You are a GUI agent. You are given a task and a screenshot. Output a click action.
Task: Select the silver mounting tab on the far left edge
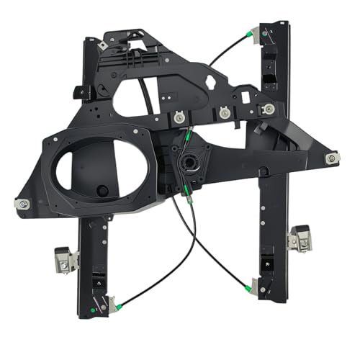pos(22,204)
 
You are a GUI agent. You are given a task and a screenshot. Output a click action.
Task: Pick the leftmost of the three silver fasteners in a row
pos(177,114)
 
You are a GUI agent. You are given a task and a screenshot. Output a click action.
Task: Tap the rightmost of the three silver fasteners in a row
pos(269,109)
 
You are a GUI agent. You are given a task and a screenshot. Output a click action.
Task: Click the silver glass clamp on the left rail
pos(65,258)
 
